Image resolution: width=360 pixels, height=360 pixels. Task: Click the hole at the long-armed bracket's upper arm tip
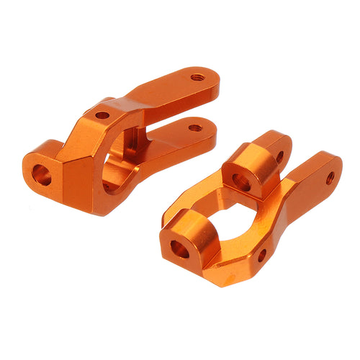(x=197, y=76)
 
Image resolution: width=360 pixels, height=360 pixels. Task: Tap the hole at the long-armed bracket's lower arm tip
(x=194, y=128)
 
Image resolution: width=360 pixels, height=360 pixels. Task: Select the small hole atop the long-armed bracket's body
(x=102, y=114)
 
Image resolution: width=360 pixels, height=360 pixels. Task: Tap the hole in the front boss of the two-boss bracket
(x=179, y=249)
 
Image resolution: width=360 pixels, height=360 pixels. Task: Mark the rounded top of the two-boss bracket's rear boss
(x=248, y=155)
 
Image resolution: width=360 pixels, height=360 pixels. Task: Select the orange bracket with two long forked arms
(x=122, y=137)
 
